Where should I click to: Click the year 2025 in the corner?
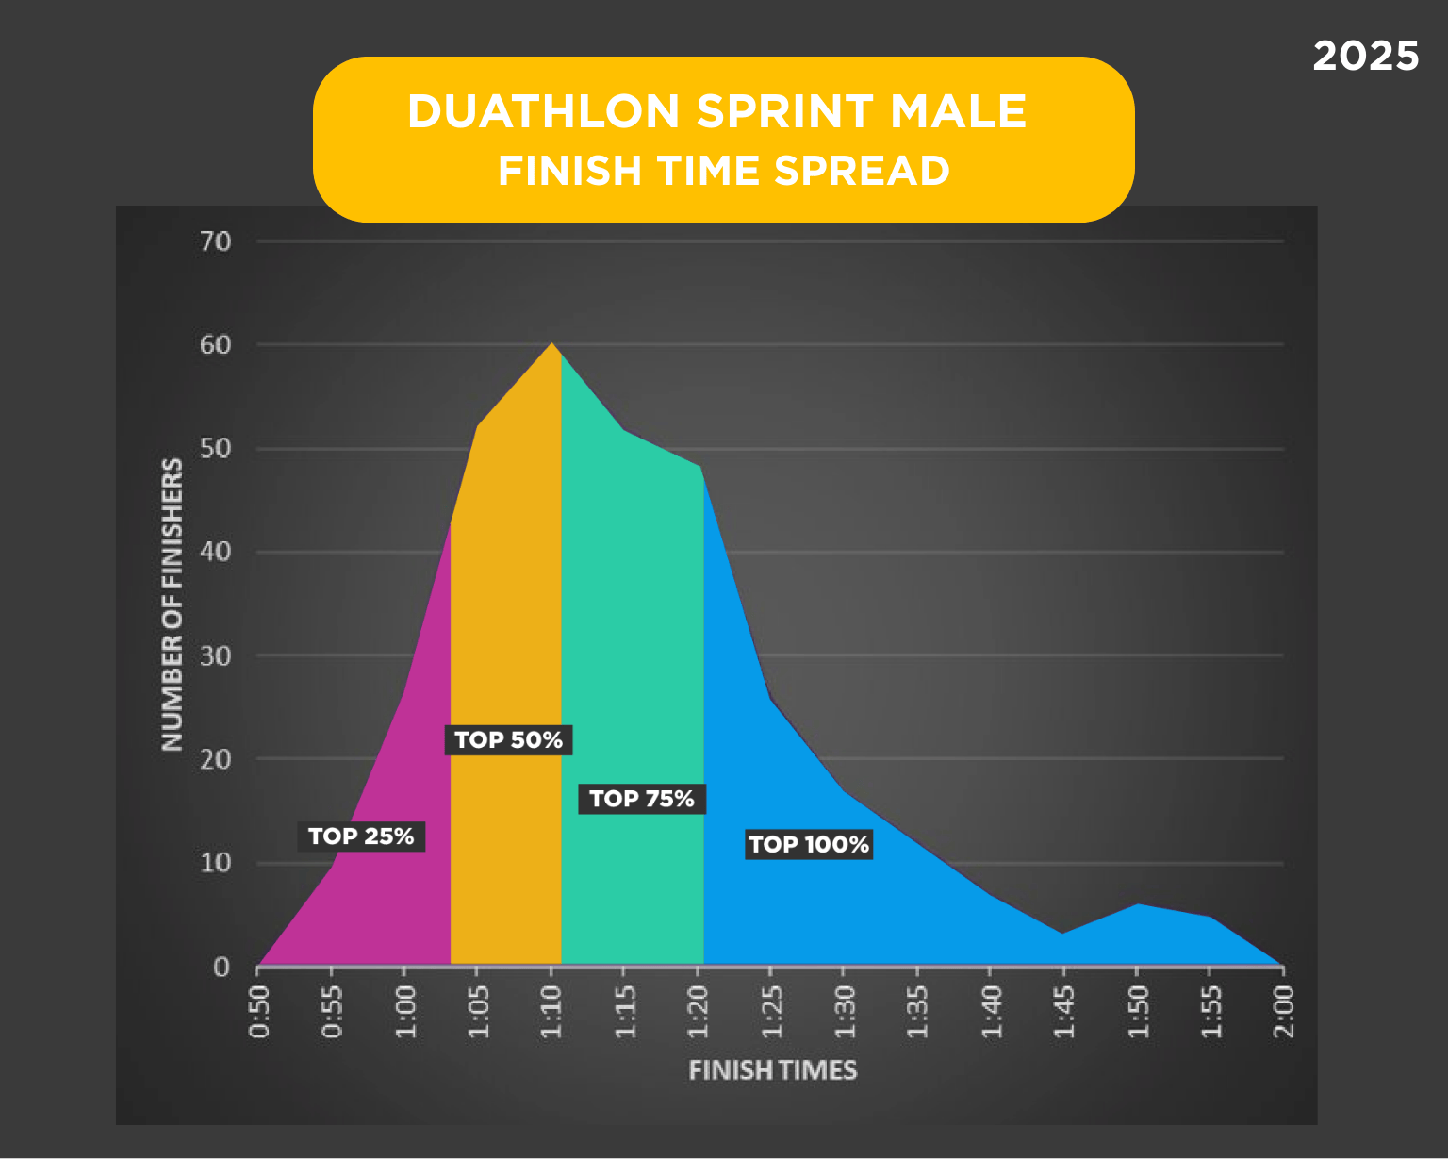(x=1365, y=57)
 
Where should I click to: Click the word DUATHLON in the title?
(x=543, y=111)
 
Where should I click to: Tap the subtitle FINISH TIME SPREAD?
(x=723, y=171)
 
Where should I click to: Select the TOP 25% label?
(x=361, y=836)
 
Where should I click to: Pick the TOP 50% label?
(x=508, y=740)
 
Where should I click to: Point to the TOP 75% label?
(x=641, y=799)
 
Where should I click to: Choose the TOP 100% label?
(x=809, y=844)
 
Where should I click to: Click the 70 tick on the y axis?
(x=216, y=241)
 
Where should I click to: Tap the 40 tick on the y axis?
(x=216, y=552)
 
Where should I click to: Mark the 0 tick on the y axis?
(x=222, y=967)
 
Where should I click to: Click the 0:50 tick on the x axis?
(x=258, y=1011)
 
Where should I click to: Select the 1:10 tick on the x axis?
(x=551, y=1011)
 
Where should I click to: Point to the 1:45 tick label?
(x=1064, y=1011)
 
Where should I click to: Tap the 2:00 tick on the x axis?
(x=1284, y=1011)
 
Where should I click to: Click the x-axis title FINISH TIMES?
(x=772, y=1070)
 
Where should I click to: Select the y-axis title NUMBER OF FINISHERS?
(x=172, y=604)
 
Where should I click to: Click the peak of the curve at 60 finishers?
(x=552, y=344)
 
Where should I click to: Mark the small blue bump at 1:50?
(x=1137, y=905)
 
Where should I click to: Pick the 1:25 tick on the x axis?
(x=771, y=1011)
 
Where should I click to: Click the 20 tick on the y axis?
(x=216, y=759)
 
